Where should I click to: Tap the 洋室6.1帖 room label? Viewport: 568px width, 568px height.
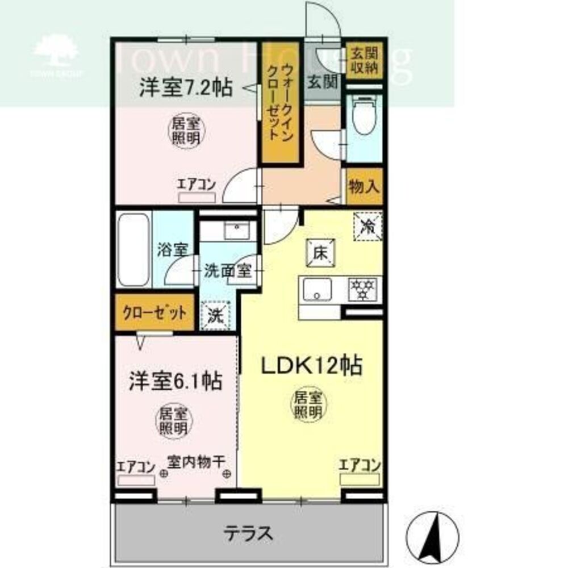(x=174, y=381)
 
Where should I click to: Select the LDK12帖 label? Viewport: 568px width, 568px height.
(x=311, y=366)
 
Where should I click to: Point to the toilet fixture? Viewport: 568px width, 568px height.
(x=364, y=116)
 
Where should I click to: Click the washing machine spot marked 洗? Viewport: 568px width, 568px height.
(x=215, y=315)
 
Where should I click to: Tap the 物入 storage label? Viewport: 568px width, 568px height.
(x=364, y=186)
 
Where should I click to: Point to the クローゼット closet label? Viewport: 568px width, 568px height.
(x=154, y=312)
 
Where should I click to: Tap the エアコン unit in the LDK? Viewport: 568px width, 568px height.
(x=359, y=479)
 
